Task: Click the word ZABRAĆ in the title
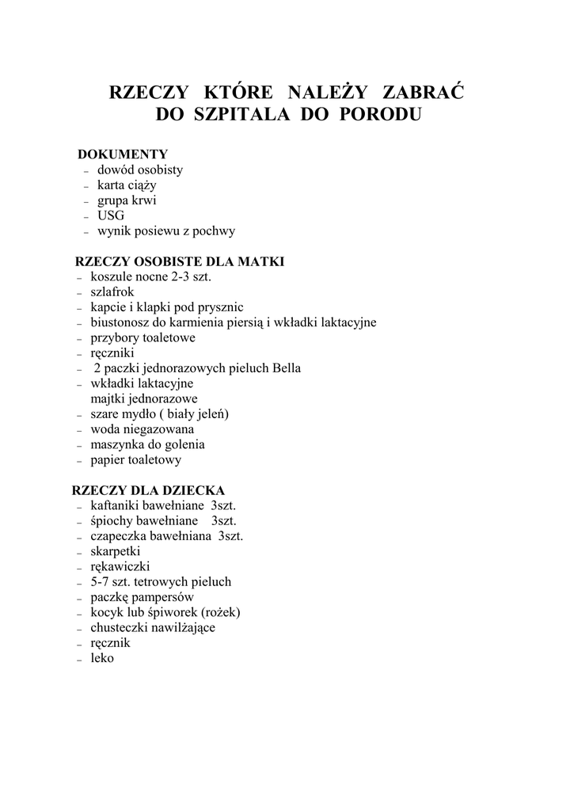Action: [x=424, y=92]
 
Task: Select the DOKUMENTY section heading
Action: [x=123, y=154]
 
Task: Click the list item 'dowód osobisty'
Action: [x=140, y=169]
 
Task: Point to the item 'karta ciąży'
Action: [x=127, y=185]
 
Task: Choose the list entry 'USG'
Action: [x=111, y=215]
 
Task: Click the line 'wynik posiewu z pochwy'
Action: [x=166, y=231]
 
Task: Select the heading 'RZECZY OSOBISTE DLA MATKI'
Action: [x=180, y=261]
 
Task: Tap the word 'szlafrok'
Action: [x=112, y=292]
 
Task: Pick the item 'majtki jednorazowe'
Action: [x=144, y=398]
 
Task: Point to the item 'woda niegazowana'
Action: [x=143, y=429]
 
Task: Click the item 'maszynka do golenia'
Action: [x=147, y=444]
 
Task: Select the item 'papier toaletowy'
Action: [x=136, y=459]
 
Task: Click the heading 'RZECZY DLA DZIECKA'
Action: [x=149, y=490]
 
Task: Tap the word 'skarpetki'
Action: [x=116, y=551]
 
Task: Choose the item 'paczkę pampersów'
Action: [x=143, y=597]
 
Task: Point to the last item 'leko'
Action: [x=102, y=658]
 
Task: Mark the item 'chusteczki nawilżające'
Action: [x=153, y=627]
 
